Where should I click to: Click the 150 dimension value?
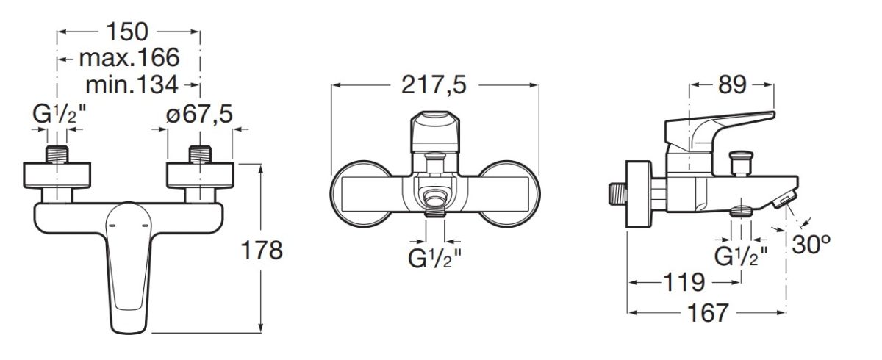(127, 32)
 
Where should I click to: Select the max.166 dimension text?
(129, 58)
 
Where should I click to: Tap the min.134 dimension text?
(132, 85)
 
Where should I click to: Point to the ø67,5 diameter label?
(199, 114)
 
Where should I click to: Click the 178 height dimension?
(262, 251)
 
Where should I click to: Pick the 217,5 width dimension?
(434, 86)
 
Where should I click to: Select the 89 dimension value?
(732, 85)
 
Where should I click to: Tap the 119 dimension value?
(684, 282)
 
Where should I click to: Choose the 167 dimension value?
(708, 313)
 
